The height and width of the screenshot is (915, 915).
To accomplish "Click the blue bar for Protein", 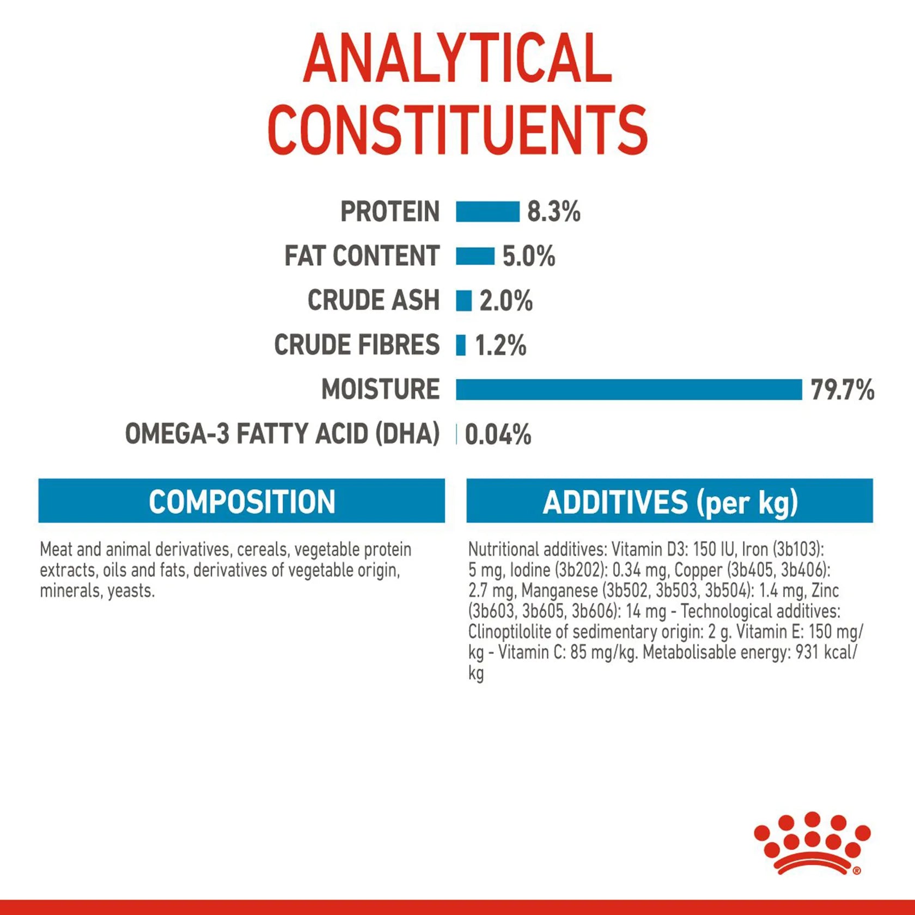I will [x=487, y=211].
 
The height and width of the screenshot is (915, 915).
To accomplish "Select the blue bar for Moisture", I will [x=629, y=389].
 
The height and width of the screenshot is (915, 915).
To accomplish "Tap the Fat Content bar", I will [x=475, y=256].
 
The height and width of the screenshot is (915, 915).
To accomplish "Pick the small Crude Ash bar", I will [x=463, y=301].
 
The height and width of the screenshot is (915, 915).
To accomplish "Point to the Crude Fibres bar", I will [x=461, y=345].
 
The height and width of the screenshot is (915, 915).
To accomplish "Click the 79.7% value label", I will [x=842, y=390].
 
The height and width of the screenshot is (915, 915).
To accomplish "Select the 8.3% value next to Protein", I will [x=553, y=211].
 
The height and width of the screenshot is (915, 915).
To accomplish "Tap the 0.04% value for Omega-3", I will [x=498, y=435].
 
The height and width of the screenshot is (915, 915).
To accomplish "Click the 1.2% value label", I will [x=501, y=345].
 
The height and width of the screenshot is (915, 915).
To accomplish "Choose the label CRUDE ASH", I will [x=374, y=300].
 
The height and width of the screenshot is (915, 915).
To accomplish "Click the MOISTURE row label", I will [x=380, y=389].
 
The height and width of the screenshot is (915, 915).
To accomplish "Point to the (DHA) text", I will [x=407, y=434].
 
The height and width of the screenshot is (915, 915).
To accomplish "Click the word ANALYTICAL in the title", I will [x=457, y=58].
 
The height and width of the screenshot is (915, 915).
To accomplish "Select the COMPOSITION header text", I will [x=242, y=502].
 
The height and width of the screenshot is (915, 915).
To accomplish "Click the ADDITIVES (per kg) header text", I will [x=670, y=502].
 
